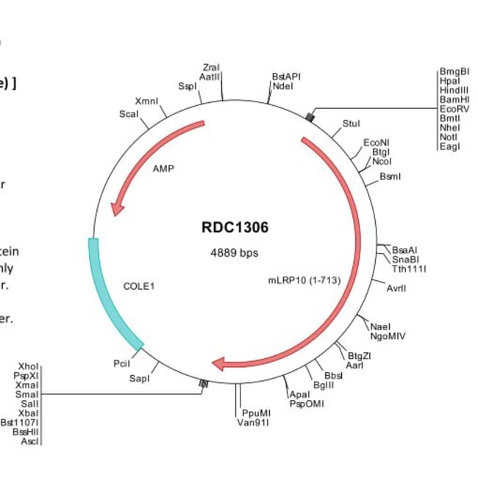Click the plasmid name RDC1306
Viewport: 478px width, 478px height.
pos(235,227)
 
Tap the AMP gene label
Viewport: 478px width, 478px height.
pos(163,168)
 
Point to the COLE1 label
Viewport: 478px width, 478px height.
pos(140,285)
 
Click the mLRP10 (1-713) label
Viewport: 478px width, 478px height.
pos(304,280)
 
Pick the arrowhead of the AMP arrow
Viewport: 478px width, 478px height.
pos(116,210)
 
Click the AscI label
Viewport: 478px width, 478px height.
pos(30,441)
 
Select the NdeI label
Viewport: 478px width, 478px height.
pos(282,86)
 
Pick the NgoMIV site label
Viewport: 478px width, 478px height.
pos(388,336)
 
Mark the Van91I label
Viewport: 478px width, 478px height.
pos(252,423)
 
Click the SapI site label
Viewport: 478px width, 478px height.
pos(139,379)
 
